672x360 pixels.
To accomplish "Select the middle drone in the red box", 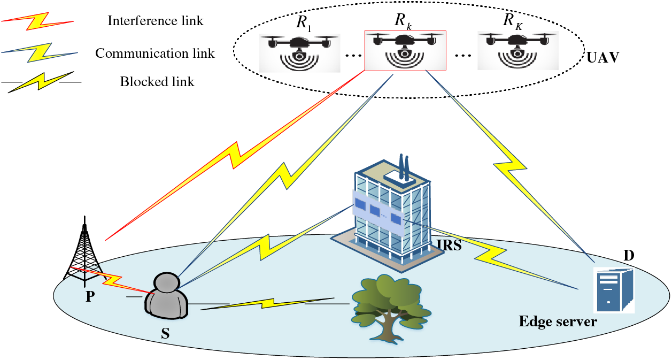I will pyautogui.click(x=405, y=51).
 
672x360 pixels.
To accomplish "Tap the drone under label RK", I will pyautogui.click(x=516, y=51).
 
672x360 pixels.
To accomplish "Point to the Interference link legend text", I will pyautogui.click(x=155, y=21).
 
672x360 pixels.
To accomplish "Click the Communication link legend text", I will pyautogui.click(x=155, y=53).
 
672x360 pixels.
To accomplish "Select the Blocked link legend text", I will pyautogui.click(x=157, y=82).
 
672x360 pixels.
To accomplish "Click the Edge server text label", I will pyautogui.click(x=557, y=322).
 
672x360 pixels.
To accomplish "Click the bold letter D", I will pyautogui.click(x=629, y=256).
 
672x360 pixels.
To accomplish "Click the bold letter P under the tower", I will pyautogui.click(x=90, y=296).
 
